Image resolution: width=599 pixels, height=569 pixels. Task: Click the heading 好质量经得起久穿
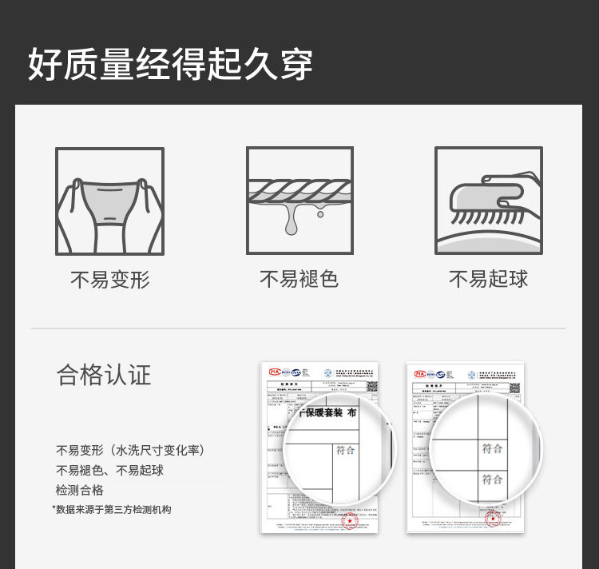pyautogui.click(x=170, y=64)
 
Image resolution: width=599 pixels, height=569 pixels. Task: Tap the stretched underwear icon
pyautogui.click(x=109, y=201)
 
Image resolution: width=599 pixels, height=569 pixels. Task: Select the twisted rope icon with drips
pyautogui.click(x=299, y=201)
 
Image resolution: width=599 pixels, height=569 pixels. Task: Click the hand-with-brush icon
pyautogui.click(x=489, y=201)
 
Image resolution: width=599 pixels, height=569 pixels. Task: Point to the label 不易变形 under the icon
pyautogui.click(x=109, y=280)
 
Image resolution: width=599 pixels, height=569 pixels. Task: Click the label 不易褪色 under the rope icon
pyautogui.click(x=299, y=279)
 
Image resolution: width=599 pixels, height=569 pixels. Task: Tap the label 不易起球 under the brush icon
pyautogui.click(x=489, y=279)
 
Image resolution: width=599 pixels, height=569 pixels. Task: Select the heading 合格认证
pyautogui.click(x=104, y=375)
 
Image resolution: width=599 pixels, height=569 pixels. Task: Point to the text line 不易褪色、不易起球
pyautogui.click(x=109, y=470)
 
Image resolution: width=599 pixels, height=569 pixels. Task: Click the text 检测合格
pyautogui.click(x=79, y=490)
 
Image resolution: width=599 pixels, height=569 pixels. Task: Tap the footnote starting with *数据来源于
pyautogui.click(x=112, y=509)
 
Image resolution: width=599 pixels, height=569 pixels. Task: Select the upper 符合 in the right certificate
pyautogui.click(x=493, y=448)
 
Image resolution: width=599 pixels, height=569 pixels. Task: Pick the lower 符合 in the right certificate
pyautogui.click(x=493, y=479)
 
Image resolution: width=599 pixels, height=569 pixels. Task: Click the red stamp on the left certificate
pyautogui.click(x=348, y=520)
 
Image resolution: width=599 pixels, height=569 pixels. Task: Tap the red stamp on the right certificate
pyautogui.click(x=493, y=519)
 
